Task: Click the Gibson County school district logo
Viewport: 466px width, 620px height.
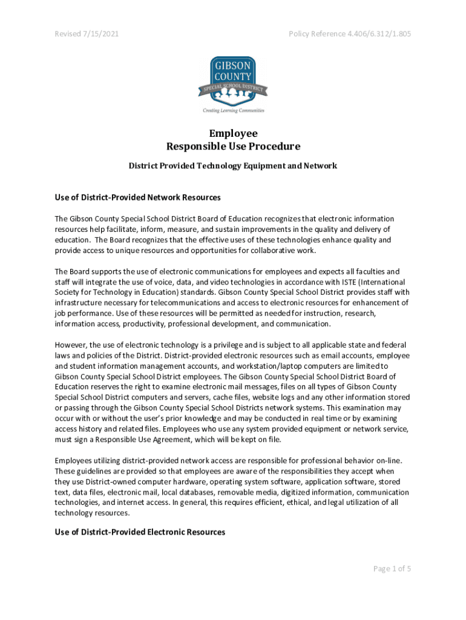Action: [x=233, y=81]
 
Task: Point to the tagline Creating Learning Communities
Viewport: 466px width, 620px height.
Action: [x=233, y=111]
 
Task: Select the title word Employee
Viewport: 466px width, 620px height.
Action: [x=233, y=133]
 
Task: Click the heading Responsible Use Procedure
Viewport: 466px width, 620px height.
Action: [x=233, y=147]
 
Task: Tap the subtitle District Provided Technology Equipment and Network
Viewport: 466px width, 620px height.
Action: [x=233, y=165]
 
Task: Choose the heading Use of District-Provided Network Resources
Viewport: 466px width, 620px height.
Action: [x=137, y=197]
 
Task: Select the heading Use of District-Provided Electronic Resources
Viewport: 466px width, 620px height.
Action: [x=140, y=532]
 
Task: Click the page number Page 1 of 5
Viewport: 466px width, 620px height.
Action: [x=392, y=569]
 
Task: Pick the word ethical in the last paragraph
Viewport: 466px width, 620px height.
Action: [x=294, y=502]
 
